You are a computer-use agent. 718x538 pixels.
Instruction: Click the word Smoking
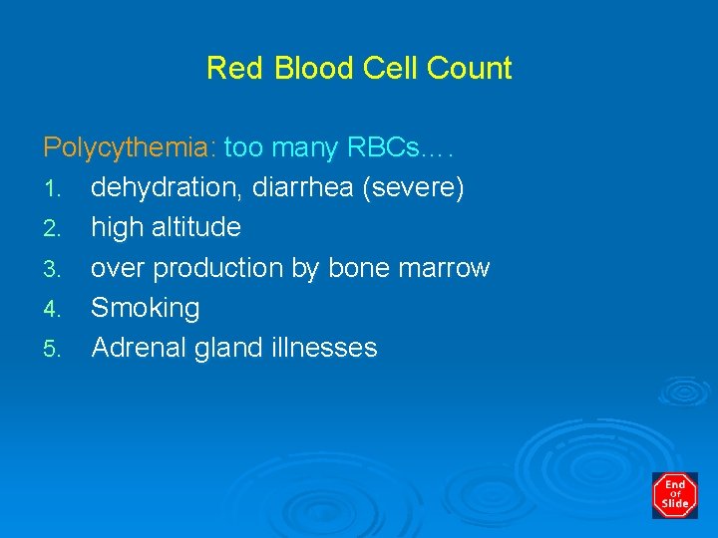pos(146,308)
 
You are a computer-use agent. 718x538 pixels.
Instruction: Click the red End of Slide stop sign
pos(674,495)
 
